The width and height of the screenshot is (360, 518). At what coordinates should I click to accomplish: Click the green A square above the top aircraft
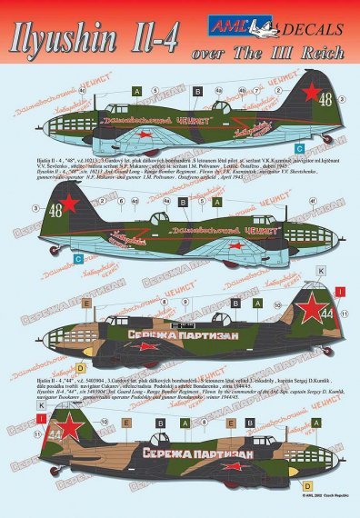[134, 91]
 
